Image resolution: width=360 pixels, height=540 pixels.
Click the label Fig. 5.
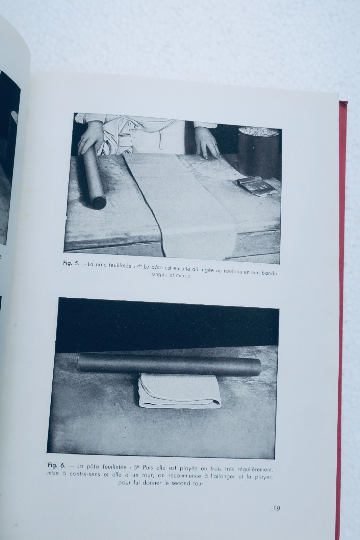click(x=71, y=263)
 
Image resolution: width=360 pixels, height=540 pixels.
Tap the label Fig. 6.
click(x=57, y=466)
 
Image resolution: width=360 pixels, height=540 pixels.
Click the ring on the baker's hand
click(x=214, y=145)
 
